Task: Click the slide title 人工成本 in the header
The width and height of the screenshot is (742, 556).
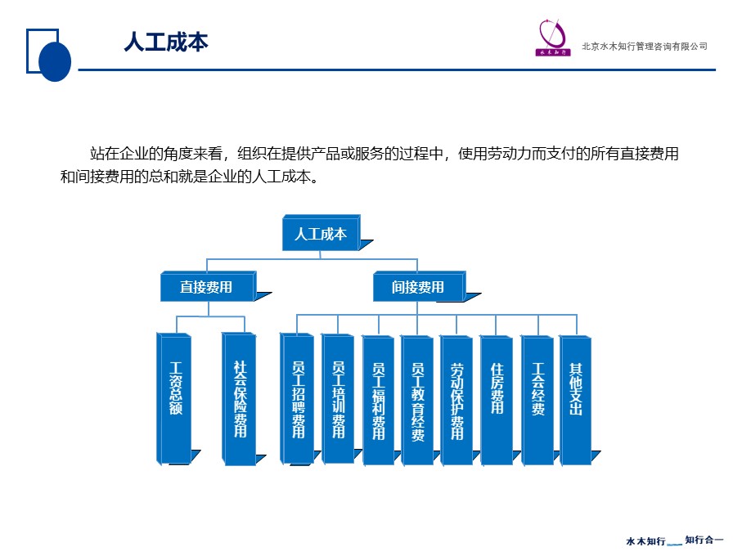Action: (166, 42)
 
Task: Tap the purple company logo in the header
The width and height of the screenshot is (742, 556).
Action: (553, 38)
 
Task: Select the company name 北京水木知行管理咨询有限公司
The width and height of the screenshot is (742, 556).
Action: (645, 47)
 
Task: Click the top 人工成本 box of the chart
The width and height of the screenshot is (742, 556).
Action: (322, 233)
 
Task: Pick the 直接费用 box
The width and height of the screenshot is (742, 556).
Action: (209, 286)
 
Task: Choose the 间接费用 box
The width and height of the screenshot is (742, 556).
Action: (419, 286)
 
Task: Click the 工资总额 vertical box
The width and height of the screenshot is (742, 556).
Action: (174, 398)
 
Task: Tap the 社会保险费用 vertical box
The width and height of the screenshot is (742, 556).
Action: (240, 398)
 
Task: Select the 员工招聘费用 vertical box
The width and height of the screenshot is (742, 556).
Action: (297, 398)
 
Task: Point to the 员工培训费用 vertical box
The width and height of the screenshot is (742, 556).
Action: (338, 398)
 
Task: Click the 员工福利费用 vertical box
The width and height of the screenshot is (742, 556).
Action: (378, 400)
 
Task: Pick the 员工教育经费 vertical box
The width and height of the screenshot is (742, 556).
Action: (417, 400)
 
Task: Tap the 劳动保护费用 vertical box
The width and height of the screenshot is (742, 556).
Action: (456, 400)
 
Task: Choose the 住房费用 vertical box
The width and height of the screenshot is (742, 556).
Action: (497, 400)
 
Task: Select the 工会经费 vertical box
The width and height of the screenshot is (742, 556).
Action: (537, 400)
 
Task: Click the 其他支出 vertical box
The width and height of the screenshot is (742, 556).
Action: (576, 400)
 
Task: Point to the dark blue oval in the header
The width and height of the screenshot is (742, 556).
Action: (55, 61)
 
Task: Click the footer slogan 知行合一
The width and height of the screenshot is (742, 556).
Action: (704, 540)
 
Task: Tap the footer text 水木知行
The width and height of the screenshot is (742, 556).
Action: (645, 540)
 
